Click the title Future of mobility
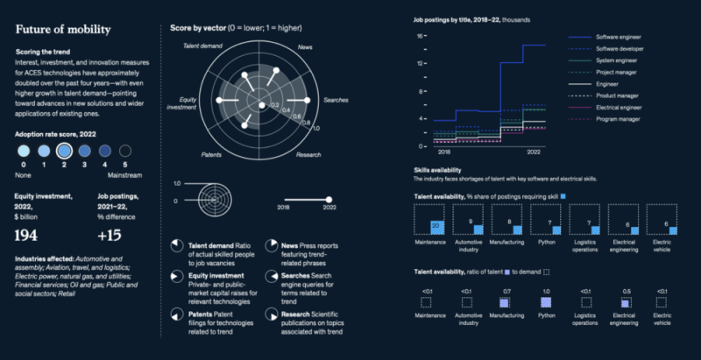coord(63,29)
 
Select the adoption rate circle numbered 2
coord(63,150)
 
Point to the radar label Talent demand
coord(202,45)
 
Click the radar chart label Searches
coord(338,101)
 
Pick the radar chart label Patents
coord(211,154)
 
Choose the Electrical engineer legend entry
coord(624,106)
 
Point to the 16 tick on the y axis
coord(421,36)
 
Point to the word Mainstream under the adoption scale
coord(125,174)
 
